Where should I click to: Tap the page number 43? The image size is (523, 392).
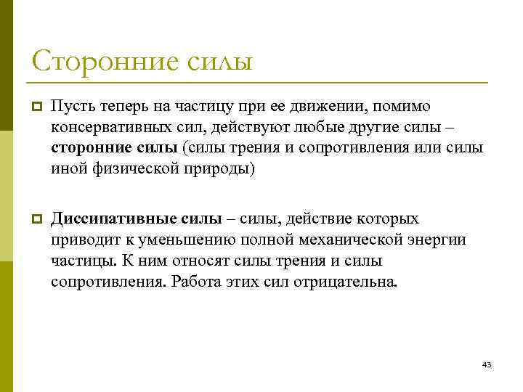click(487, 364)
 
